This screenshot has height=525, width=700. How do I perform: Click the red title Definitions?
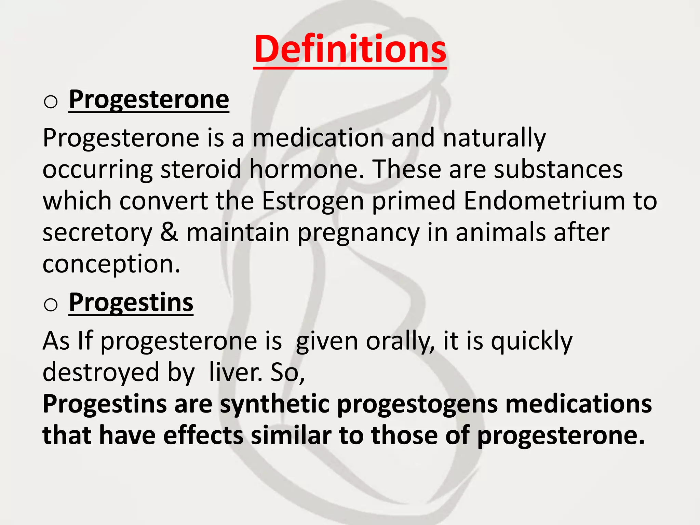click(x=350, y=50)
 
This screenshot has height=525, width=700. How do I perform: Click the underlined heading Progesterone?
click(x=149, y=99)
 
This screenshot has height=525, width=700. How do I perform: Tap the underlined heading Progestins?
click(x=131, y=302)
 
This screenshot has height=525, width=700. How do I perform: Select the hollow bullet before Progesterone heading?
click(x=51, y=102)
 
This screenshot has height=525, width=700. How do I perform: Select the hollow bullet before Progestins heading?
click(x=51, y=305)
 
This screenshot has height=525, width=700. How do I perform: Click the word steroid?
click(x=201, y=169)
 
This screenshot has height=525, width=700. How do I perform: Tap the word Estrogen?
click(x=313, y=201)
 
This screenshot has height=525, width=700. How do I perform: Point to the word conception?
click(x=111, y=264)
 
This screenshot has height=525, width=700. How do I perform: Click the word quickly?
click(x=531, y=341)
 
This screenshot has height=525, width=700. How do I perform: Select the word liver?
click(x=235, y=372)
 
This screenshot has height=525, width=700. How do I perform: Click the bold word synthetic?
click(x=274, y=404)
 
